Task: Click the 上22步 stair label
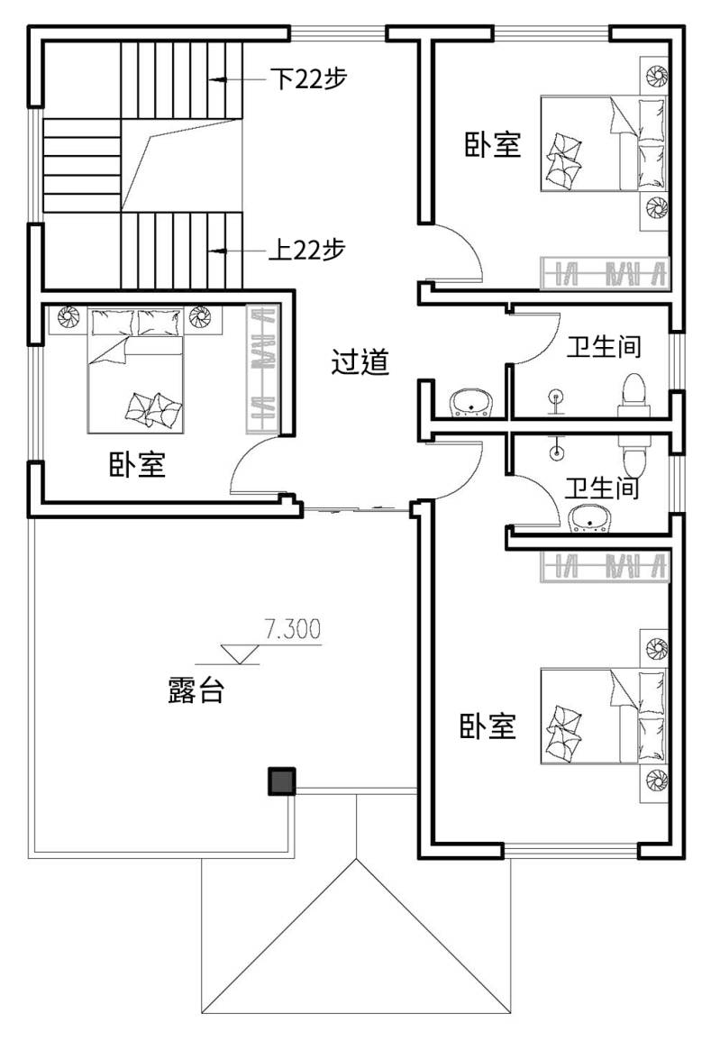(306, 251)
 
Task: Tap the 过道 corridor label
(360, 361)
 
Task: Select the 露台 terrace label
(196, 689)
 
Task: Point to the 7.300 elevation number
(292, 629)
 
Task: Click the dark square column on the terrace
(281, 781)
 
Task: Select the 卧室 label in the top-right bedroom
(492, 145)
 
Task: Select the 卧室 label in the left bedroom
(137, 464)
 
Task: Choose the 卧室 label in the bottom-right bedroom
(488, 726)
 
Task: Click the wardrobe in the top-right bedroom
(605, 272)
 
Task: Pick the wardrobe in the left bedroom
(263, 370)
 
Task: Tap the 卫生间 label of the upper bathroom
(604, 346)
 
